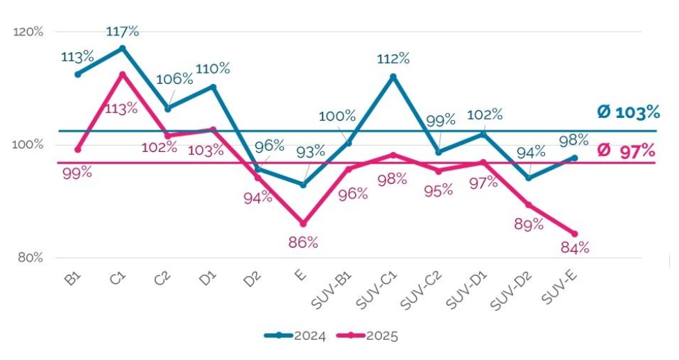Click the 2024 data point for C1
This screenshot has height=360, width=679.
point(122,48)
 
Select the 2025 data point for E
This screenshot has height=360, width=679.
point(303,223)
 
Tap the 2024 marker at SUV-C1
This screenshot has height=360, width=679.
point(393,76)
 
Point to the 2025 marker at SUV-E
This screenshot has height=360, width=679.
point(574,233)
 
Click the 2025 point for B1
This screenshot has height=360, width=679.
point(78,149)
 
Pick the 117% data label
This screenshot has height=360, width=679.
point(122,31)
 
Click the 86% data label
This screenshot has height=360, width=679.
point(303,242)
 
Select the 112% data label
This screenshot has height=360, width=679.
point(393,59)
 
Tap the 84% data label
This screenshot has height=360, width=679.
point(574,248)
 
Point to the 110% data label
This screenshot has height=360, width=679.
point(213,69)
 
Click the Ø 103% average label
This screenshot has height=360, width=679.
point(628,112)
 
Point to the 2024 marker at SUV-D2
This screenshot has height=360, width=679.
point(529,178)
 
